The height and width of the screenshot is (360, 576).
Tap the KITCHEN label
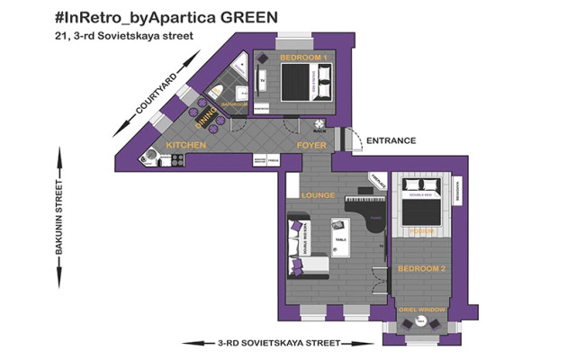click(x=186, y=145)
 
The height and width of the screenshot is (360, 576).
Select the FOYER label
click(x=311, y=145)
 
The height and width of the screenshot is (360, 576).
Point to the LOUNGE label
click(x=319, y=195)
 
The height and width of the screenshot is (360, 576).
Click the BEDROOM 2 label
click(x=422, y=269)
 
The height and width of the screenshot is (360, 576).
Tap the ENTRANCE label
click(x=391, y=140)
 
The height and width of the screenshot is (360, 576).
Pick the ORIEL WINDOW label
click(x=422, y=309)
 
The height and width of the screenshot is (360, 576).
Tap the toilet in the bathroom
click(x=217, y=91)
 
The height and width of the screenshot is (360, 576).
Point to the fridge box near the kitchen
click(x=274, y=160)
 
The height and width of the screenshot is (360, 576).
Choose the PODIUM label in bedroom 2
click(x=421, y=232)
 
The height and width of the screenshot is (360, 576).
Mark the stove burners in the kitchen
click(x=176, y=160)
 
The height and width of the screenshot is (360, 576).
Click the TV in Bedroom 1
click(x=263, y=81)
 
